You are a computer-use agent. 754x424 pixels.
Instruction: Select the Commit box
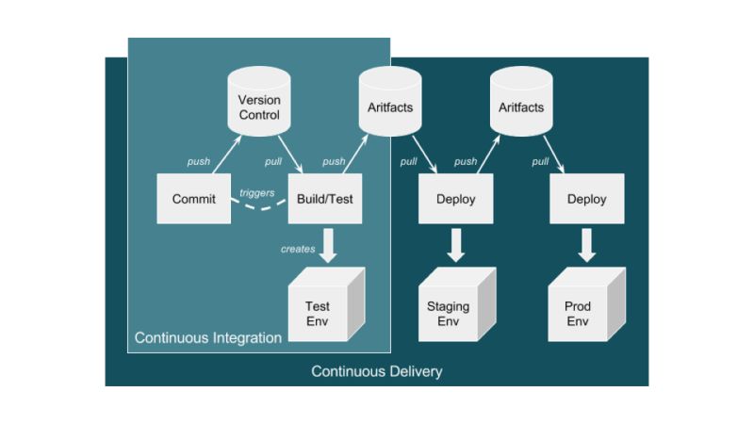coord(193,199)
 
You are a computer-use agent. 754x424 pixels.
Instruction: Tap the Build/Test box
coord(325,199)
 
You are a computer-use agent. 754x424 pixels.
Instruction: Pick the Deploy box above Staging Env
coord(456,199)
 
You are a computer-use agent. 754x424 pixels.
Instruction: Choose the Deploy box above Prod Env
coord(586,199)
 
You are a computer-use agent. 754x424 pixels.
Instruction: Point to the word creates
coord(297,249)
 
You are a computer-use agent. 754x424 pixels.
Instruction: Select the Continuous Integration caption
coord(208,337)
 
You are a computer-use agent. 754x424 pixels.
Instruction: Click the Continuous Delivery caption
coord(377,371)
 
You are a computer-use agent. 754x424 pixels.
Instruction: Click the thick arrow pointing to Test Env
coord(327,244)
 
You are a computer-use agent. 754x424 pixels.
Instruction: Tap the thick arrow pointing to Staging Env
coord(457,244)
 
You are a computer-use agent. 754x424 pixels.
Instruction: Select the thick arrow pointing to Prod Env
coord(587,244)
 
